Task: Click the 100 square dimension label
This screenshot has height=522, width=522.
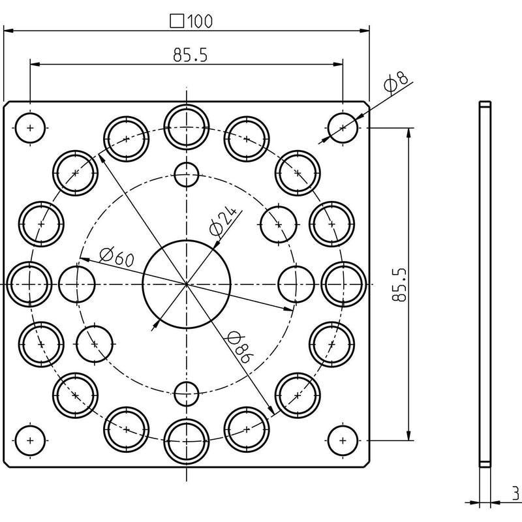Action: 191,21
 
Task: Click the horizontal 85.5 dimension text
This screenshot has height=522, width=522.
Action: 190,55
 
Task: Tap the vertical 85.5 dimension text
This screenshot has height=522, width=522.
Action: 399,284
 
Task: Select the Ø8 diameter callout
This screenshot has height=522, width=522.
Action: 395,81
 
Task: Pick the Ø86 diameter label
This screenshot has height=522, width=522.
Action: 239,347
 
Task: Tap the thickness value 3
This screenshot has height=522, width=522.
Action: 515,494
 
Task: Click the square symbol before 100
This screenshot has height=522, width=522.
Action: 177,21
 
